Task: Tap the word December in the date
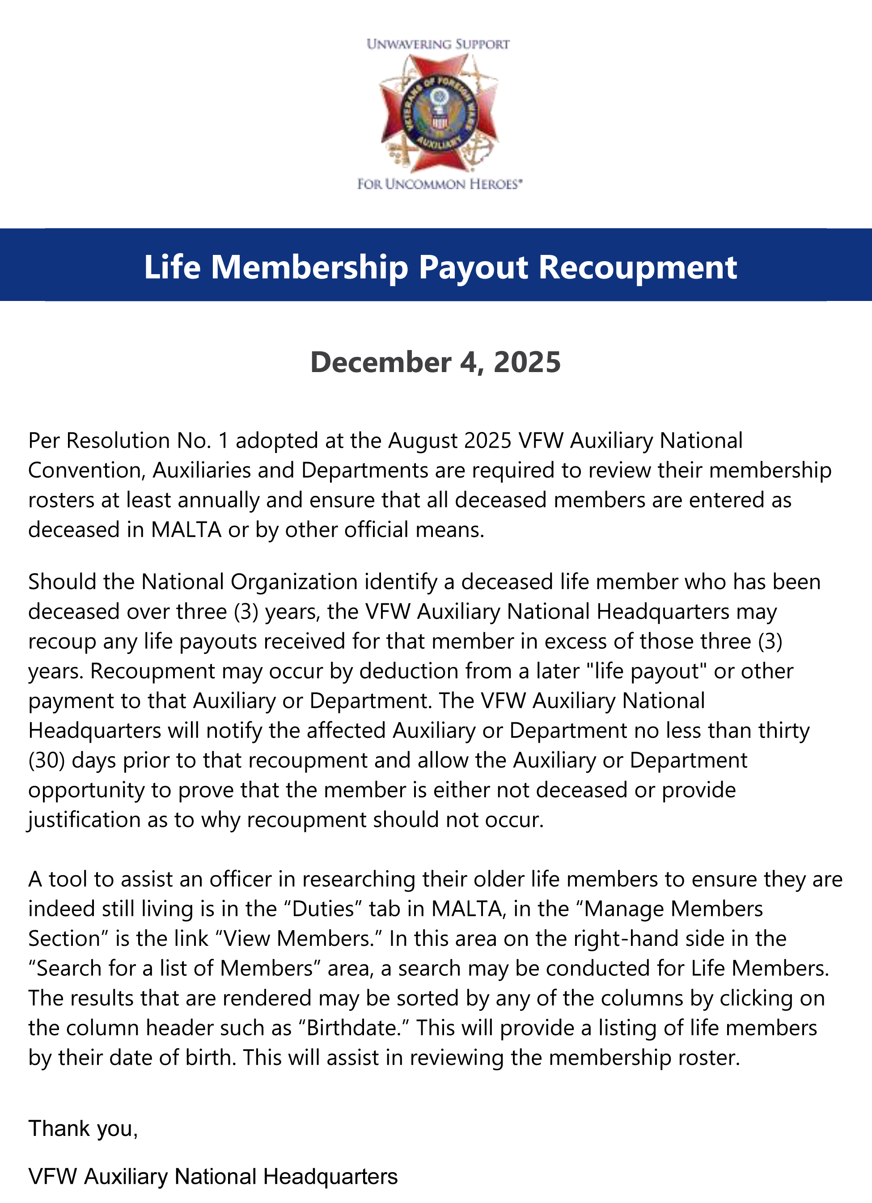point(380,363)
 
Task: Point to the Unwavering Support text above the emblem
point(438,45)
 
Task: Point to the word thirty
point(783,731)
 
